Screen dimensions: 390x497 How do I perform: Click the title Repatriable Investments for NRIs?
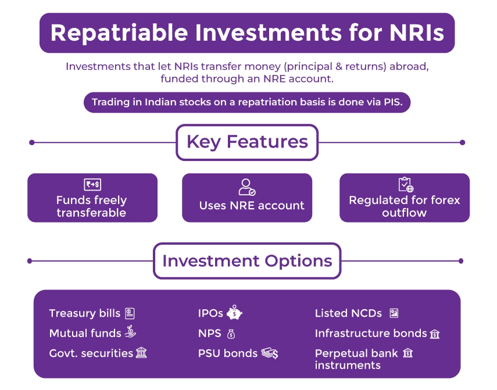[x=247, y=33]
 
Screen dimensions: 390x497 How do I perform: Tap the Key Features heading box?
[x=247, y=142]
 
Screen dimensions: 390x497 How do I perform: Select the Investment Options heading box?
[x=247, y=260]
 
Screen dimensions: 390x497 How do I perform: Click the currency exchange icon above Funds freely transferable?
[x=92, y=185]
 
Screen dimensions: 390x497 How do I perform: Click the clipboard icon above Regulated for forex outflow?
[x=405, y=185]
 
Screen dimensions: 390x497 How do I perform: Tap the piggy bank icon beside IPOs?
[x=234, y=313]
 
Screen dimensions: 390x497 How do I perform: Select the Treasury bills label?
[x=85, y=313]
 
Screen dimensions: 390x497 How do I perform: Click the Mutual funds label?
[x=85, y=333]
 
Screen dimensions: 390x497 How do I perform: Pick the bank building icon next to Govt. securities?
[x=141, y=353]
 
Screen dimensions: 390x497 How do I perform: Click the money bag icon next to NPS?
[x=231, y=334]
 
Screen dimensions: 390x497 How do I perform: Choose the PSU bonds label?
[x=227, y=353]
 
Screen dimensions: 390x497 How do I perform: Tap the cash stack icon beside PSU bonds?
[x=270, y=353]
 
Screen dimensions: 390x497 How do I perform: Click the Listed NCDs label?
[x=348, y=313]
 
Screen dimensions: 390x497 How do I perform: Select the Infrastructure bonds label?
[x=371, y=333]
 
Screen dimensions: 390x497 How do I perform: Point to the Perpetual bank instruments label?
[x=356, y=359]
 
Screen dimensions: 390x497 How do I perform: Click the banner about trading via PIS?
[x=247, y=103]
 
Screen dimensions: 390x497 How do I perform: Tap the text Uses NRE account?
[x=252, y=205]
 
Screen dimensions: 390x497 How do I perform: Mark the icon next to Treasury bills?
[x=129, y=313]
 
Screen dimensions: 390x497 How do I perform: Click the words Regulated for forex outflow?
[x=405, y=206]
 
